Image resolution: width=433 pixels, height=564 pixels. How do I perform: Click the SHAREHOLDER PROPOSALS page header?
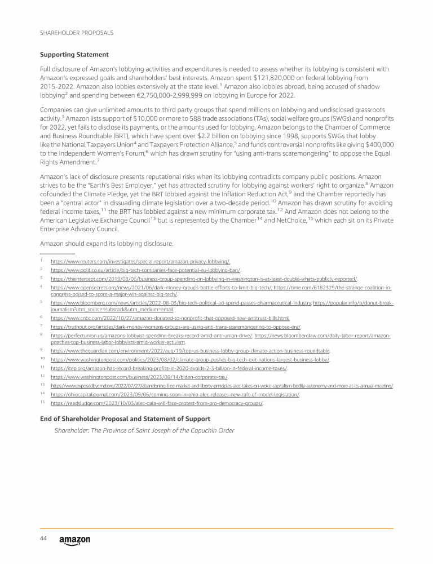(x=76, y=33)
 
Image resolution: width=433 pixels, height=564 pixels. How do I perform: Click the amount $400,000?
(x=375, y=144)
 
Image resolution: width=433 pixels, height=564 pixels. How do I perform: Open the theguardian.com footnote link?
(x=190, y=350)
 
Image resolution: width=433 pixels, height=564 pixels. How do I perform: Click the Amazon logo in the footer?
(x=74, y=540)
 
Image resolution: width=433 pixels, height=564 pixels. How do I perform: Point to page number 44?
(x=43, y=539)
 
